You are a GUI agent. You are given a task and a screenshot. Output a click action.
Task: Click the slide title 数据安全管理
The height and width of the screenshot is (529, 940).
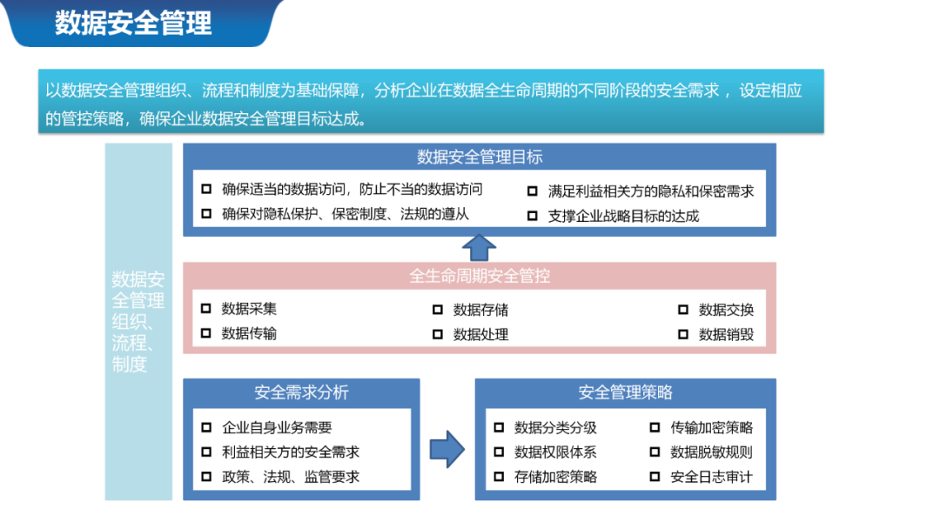[x=133, y=23]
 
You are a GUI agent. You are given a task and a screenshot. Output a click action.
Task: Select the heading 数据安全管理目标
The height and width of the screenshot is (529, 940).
[x=480, y=157]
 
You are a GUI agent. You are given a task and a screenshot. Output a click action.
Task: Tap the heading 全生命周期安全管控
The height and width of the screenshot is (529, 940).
[x=480, y=276]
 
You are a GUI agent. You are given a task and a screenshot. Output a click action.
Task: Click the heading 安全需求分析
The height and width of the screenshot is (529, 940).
[x=301, y=392]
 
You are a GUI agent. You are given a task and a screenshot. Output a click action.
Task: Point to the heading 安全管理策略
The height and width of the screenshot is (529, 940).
[x=625, y=392]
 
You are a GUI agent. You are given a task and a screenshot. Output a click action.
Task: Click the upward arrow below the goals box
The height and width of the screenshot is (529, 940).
[x=479, y=246]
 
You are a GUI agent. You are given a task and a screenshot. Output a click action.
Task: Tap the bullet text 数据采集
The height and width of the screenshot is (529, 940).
[x=249, y=309]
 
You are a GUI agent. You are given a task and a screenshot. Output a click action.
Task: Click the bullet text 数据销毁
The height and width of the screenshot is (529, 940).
[x=726, y=334]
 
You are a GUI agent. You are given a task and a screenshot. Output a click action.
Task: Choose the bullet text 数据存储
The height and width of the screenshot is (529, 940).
[x=480, y=310]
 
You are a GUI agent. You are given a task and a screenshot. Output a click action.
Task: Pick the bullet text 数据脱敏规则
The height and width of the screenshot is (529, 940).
[x=711, y=452]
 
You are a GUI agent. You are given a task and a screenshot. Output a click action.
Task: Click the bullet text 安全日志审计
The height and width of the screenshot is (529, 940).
[x=711, y=477]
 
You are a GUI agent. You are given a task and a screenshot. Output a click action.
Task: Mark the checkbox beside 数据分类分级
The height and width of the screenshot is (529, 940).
[x=499, y=427]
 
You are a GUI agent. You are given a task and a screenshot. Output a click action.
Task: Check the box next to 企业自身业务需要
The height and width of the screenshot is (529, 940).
[x=206, y=427]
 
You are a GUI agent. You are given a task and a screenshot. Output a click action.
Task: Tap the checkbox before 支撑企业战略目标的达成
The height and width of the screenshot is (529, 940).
[x=532, y=216]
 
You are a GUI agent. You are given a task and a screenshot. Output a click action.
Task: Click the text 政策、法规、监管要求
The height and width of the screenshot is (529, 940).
[x=291, y=477]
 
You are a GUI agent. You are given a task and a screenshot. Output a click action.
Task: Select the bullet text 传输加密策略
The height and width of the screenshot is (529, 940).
[x=711, y=427]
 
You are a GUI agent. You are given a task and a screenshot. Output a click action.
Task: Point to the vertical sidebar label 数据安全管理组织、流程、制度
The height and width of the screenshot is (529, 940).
[x=138, y=321]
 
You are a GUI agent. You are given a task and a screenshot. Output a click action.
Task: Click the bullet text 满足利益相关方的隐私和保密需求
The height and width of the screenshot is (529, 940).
[x=650, y=191]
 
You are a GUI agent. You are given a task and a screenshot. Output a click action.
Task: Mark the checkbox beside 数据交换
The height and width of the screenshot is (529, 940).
[x=683, y=310]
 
